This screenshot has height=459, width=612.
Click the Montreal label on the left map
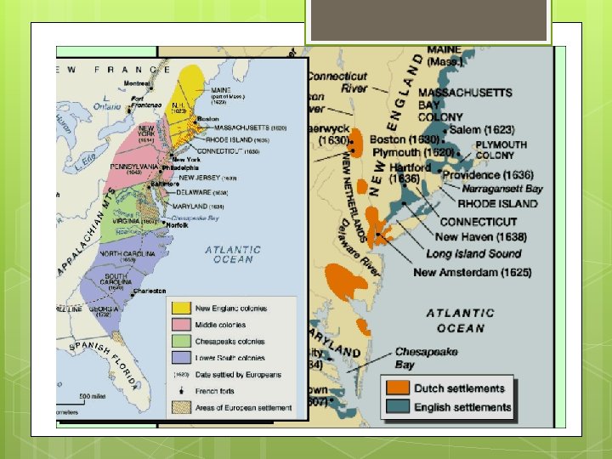pos(138,83)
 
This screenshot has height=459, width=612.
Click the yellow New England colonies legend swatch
pos(181,308)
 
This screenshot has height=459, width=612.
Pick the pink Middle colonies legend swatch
pos(181,325)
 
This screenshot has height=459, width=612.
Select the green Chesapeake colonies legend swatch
pos(181,342)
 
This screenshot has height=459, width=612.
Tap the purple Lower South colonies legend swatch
pos(181,358)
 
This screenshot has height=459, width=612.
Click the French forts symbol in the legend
pos(181,390)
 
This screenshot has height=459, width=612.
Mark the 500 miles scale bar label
pos(93,396)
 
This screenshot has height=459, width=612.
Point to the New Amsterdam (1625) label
pos(473,272)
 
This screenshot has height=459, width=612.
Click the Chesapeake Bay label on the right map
pos(427,358)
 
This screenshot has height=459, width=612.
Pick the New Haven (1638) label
pos(481,237)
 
